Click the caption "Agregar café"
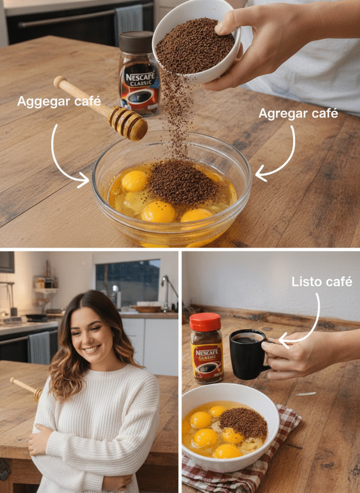pos(298,114)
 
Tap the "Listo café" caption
pos(322,282)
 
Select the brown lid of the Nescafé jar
pos(136,42)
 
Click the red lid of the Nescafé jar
pos(205,322)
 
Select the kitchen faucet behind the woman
pos(167,292)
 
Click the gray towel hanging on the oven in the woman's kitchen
pos(39,348)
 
